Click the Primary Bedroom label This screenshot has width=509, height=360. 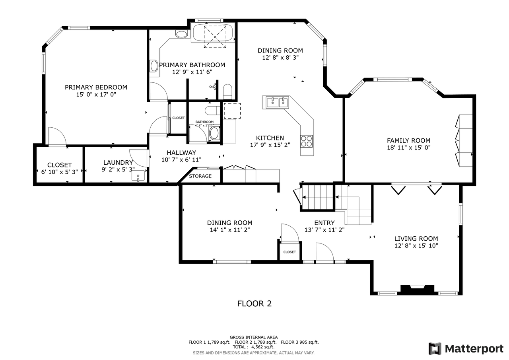click(x=96, y=87)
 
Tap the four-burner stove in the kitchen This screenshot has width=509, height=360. click(x=306, y=141)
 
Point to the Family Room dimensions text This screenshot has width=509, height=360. click(x=408, y=148)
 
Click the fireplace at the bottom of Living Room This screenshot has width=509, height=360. click(x=417, y=289)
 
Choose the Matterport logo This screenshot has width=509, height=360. click(x=466, y=348)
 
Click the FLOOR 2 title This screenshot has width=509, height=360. click(x=254, y=304)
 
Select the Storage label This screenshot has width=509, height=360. click(x=200, y=176)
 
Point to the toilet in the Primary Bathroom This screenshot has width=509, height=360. click(x=227, y=91)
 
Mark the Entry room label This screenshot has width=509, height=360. click(x=324, y=223)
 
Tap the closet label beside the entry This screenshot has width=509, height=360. click(x=289, y=252)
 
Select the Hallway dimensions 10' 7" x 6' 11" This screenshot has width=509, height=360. click(x=181, y=160)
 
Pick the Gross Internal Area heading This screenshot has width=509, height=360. click(x=253, y=337)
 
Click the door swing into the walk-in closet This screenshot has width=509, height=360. click(x=56, y=137)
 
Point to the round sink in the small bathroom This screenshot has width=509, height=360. click(x=214, y=133)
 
